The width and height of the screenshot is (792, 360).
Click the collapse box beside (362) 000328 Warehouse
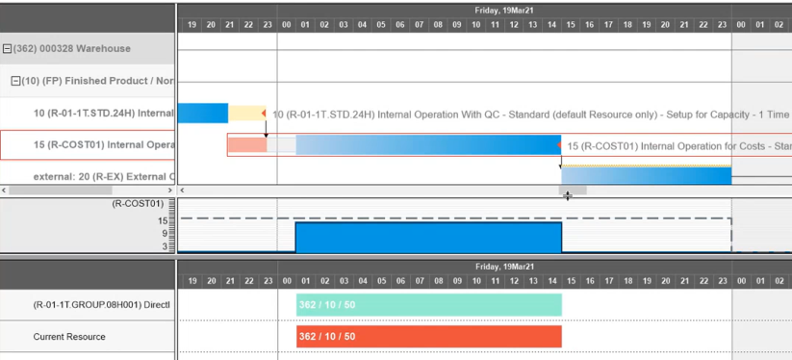pos(8,49)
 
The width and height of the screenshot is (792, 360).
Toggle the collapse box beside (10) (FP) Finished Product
pos(15,81)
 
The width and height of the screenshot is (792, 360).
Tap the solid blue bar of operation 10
pos(203,114)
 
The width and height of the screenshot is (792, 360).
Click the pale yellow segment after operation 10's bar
pos(246,114)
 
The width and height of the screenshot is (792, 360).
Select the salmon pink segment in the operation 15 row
pos(246,145)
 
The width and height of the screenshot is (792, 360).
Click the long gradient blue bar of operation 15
pos(428,145)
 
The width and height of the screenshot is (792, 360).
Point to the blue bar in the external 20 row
pos(645,176)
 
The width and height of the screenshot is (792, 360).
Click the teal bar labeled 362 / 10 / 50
pos(428,305)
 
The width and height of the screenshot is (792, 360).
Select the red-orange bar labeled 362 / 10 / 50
pos(428,337)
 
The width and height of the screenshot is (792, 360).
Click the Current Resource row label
pos(69,337)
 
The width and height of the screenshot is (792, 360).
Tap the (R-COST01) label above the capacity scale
pos(138,204)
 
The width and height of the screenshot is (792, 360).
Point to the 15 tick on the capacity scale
pos(164,220)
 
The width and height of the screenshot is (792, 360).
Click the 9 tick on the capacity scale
pos(164,233)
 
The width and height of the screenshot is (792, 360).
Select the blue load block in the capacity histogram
pos(428,238)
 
